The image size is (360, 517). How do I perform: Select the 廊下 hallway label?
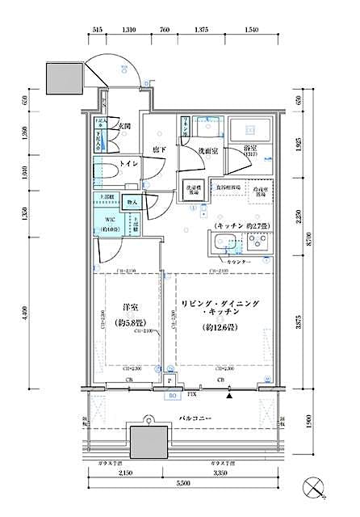point(160,149)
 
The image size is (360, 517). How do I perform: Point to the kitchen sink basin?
point(223,243)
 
